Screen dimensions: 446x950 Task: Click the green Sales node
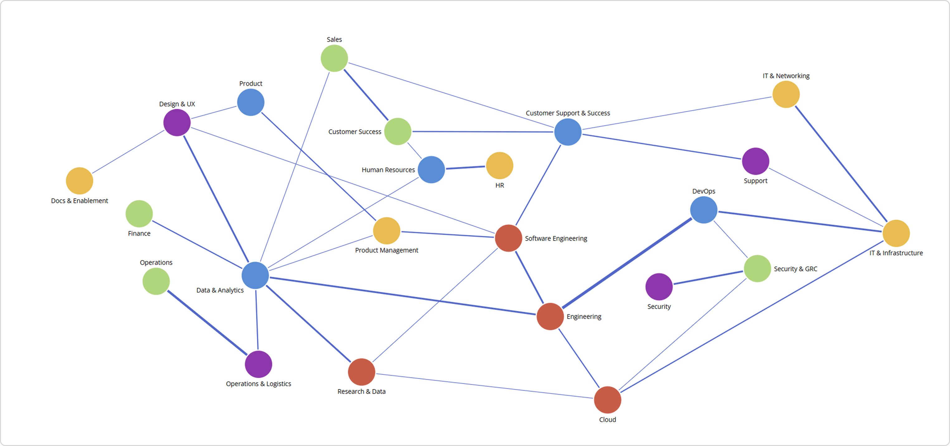pos(334,58)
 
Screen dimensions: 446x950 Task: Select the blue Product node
pos(250,102)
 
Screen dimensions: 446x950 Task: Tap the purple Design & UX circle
pos(177,122)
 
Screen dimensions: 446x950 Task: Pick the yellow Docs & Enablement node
pos(79,181)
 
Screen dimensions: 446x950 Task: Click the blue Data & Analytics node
pos(255,275)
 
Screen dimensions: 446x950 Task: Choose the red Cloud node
pos(607,400)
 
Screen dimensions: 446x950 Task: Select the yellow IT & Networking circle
pos(786,94)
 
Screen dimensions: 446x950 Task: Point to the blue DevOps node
pos(704,210)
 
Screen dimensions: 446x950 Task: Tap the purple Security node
pos(659,287)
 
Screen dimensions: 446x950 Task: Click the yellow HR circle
pos(499,165)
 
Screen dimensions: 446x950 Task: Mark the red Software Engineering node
pos(508,238)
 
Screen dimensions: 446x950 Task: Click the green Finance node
pos(139,213)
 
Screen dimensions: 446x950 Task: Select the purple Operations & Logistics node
pos(258,364)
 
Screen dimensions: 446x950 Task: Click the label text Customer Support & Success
pos(568,113)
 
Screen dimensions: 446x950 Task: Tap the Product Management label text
pos(386,250)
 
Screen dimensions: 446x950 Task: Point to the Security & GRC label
pos(795,269)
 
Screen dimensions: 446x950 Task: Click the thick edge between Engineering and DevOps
pos(627,263)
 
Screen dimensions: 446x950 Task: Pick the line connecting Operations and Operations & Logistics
pos(207,323)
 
